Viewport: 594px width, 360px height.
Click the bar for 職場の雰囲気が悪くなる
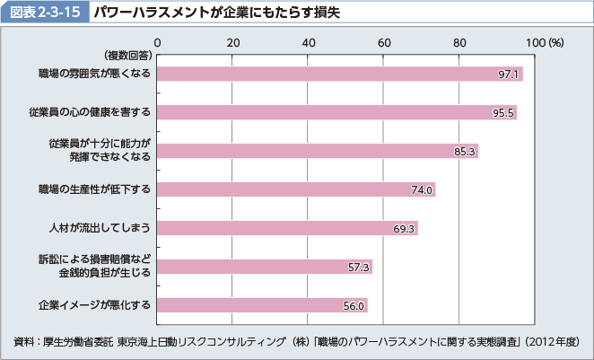tap(339, 74)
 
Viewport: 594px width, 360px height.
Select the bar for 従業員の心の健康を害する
tap(336, 112)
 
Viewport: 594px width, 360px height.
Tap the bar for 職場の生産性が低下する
tap(296, 189)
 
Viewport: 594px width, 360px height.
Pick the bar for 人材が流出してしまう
tap(287, 228)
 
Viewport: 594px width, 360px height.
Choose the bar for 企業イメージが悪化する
tap(262, 305)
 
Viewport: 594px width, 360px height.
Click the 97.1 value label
tap(509, 74)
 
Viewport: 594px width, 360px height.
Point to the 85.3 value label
tap(464, 151)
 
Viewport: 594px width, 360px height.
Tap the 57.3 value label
tap(358, 267)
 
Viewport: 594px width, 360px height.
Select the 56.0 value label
tap(354, 306)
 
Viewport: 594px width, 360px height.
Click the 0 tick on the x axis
tap(157, 42)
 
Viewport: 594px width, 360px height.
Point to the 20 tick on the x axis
tap(232, 42)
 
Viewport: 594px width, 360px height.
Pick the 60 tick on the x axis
tap(383, 42)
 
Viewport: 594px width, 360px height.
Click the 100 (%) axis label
tap(544, 42)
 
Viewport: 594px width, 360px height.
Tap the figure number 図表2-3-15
tap(45, 13)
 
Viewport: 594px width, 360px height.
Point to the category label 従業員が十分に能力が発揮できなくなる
tap(100, 151)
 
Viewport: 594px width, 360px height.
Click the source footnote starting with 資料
tap(297, 342)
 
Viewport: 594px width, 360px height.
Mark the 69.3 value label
tap(404, 228)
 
